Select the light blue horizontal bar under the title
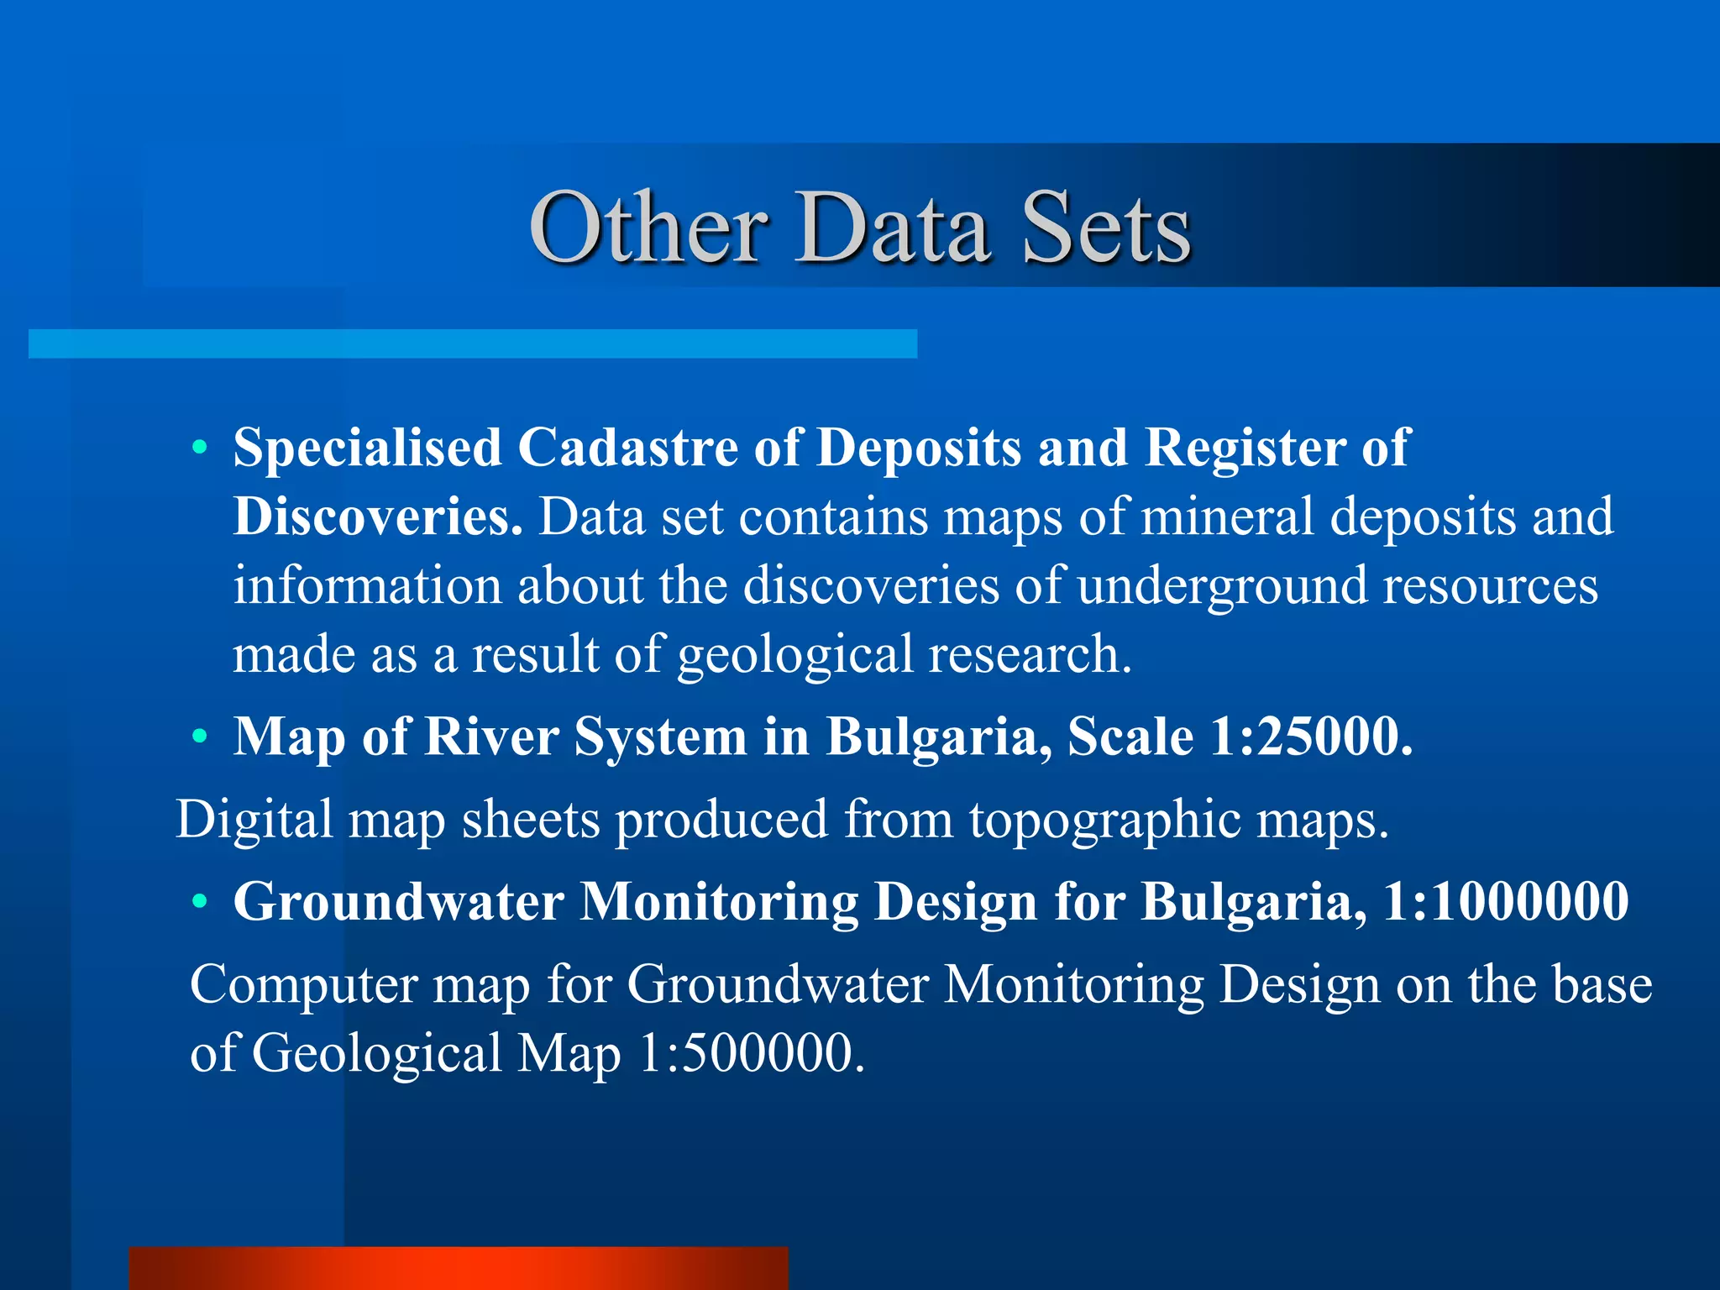pyautogui.click(x=473, y=343)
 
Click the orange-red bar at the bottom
pyautogui.click(x=459, y=1268)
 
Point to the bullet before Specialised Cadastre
pyautogui.click(x=199, y=448)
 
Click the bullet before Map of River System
pyautogui.click(x=199, y=737)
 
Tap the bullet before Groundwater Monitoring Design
pyautogui.click(x=199, y=902)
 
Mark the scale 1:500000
pyautogui.click(x=751, y=1053)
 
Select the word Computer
pyautogui.click(x=304, y=984)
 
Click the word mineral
pyautogui.click(x=1227, y=516)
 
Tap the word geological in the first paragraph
pyautogui.click(x=794, y=655)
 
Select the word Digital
pyautogui.click(x=254, y=819)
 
